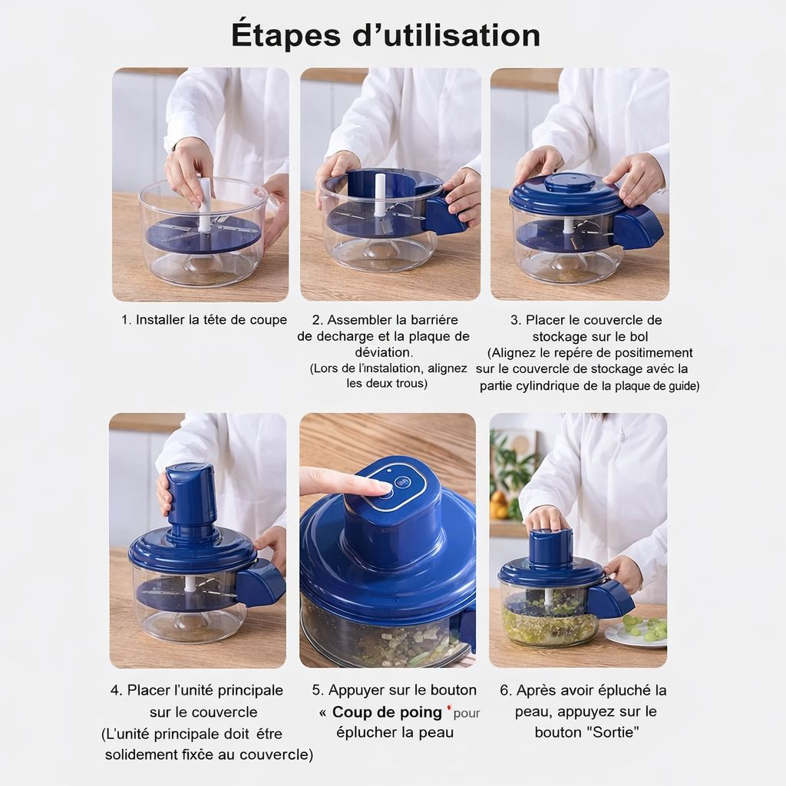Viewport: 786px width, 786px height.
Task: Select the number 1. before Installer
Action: (126, 320)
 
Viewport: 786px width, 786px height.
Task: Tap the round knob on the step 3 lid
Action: (570, 183)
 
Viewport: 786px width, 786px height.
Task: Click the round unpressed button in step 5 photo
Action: (401, 483)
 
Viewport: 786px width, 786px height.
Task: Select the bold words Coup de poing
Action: (387, 712)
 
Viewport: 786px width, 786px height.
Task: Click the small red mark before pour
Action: (449, 708)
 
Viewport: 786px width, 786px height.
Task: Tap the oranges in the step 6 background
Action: (500, 504)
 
